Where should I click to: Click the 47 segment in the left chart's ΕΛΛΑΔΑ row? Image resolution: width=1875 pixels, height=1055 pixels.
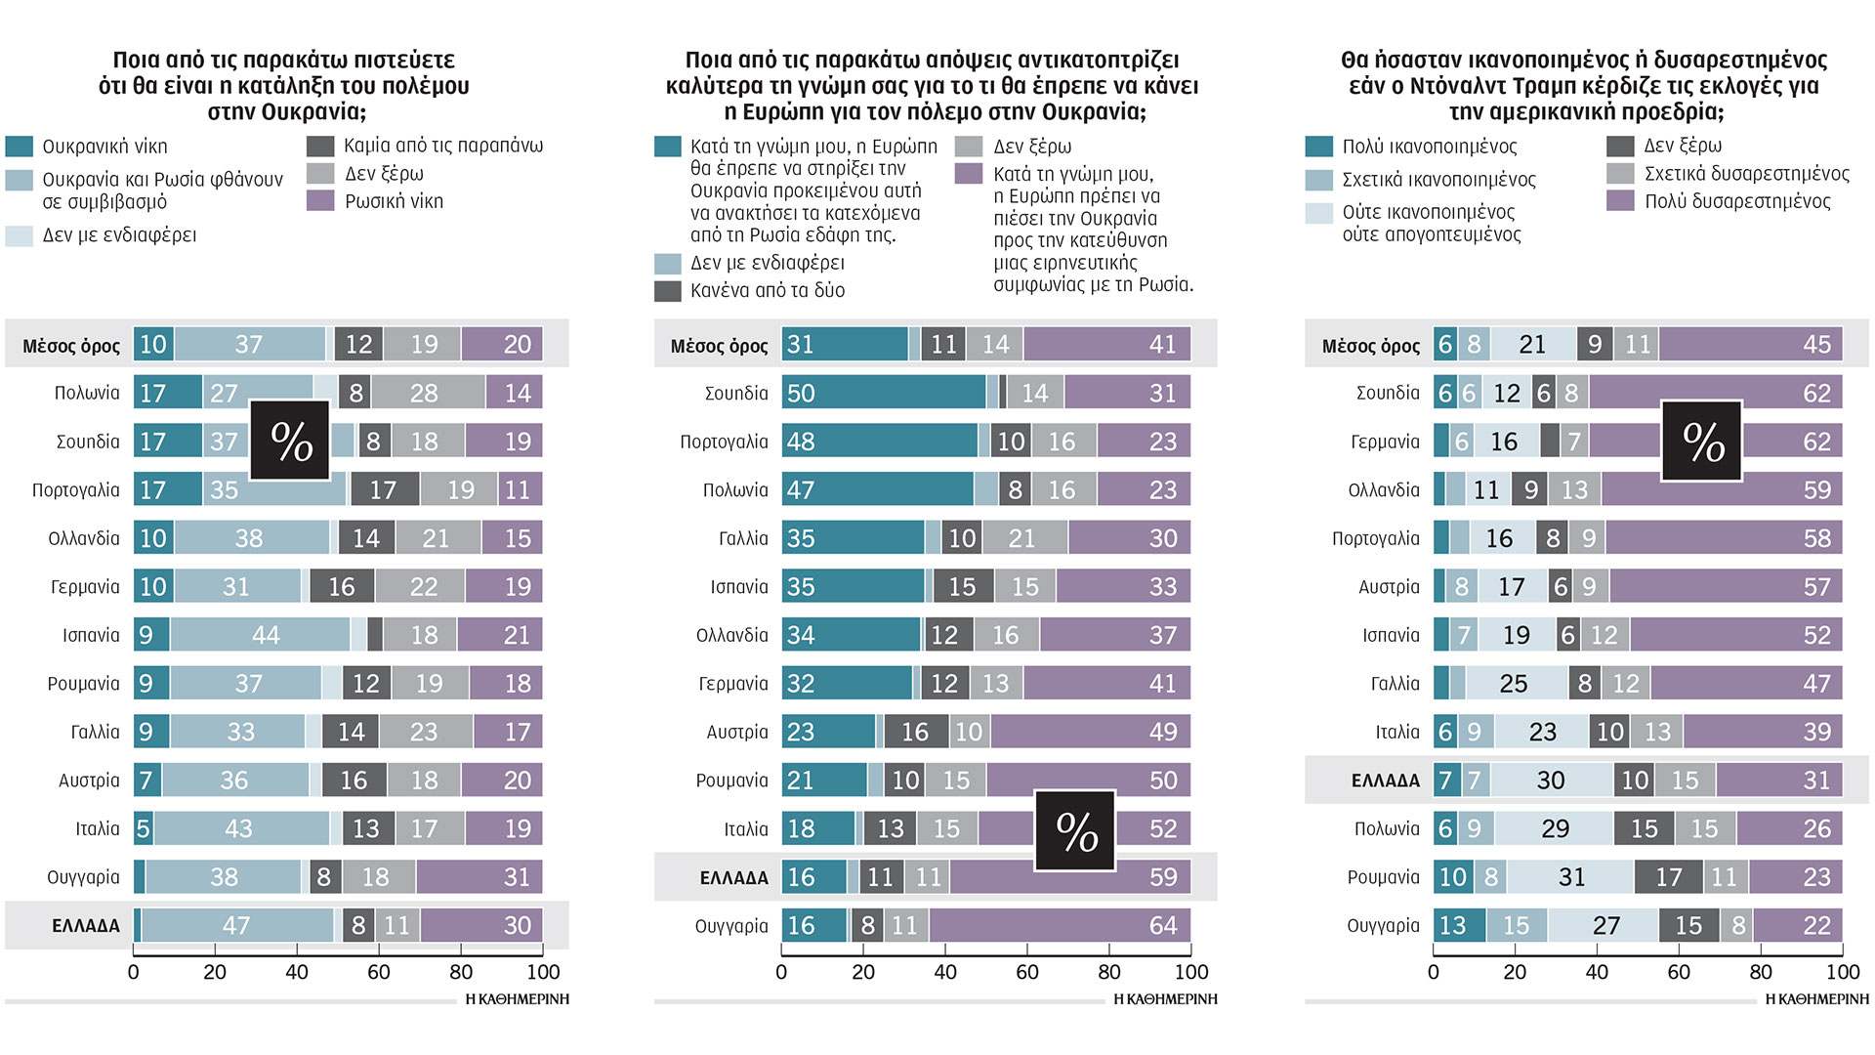[x=237, y=925]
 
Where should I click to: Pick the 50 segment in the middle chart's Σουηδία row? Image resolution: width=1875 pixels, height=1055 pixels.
[x=884, y=393]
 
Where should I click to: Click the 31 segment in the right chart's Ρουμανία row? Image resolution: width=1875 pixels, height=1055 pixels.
[x=1570, y=877]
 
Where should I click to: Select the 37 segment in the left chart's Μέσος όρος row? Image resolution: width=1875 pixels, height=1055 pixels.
[x=249, y=344]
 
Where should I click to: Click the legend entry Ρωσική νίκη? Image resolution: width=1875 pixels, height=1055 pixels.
[x=394, y=201]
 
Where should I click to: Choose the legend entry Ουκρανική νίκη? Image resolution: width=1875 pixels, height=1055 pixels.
[x=104, y=147]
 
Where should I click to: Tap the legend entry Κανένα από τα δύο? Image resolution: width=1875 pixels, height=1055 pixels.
[x=767, y=290]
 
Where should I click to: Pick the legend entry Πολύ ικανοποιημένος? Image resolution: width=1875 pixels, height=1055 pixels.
[x=1429, y=147]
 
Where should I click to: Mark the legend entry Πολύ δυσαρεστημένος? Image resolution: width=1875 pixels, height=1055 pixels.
[x=1737, y=201]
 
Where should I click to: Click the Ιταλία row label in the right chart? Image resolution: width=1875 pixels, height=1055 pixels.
[x=1397, y=732]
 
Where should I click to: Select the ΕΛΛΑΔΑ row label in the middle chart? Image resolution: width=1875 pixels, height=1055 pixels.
[x=733, y=878]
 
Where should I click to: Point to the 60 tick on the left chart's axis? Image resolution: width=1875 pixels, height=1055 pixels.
[x=379, y=972]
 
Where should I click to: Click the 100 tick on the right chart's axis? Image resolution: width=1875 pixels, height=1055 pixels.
[x=1842, y=972]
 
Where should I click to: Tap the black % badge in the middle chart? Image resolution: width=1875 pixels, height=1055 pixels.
[x=1075, y=830]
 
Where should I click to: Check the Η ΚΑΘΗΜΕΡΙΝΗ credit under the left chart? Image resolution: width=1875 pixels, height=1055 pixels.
[x=517, y=999]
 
